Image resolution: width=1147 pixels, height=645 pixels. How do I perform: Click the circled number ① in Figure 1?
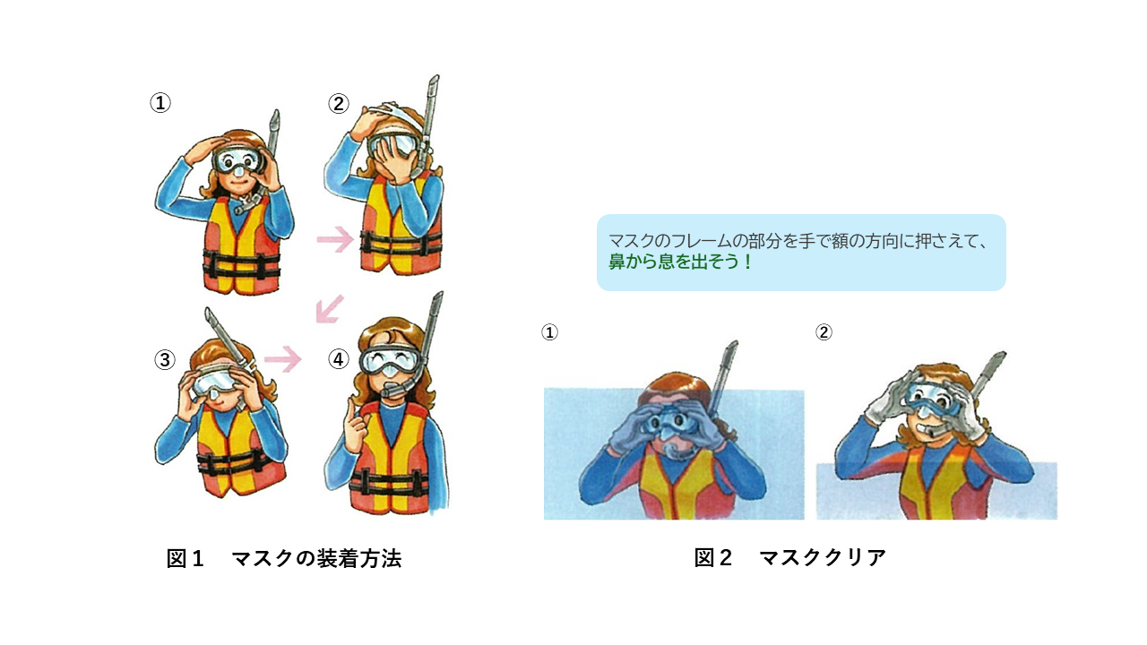160,102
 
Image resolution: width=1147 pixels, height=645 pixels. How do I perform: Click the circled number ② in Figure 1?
339,103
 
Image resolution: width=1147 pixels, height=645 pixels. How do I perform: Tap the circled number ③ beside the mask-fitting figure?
165,359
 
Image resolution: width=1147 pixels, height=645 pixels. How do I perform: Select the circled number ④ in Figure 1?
339,359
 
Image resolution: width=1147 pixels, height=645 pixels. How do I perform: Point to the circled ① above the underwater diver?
549,332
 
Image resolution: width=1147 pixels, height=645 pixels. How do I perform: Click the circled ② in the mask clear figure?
824,332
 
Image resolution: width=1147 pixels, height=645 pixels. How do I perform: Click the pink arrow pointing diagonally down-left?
329,309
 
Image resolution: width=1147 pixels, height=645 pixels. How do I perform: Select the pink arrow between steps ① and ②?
335,239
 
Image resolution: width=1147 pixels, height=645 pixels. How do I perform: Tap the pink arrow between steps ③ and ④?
282,359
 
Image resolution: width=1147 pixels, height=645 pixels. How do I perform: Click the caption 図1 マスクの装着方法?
284,558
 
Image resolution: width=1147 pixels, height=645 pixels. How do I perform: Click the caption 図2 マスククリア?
790,557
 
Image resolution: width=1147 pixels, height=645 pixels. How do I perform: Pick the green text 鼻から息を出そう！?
680,262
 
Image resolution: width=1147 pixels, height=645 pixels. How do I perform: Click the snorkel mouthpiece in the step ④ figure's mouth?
392,390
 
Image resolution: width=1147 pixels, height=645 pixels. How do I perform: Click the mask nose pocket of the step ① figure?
237,170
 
